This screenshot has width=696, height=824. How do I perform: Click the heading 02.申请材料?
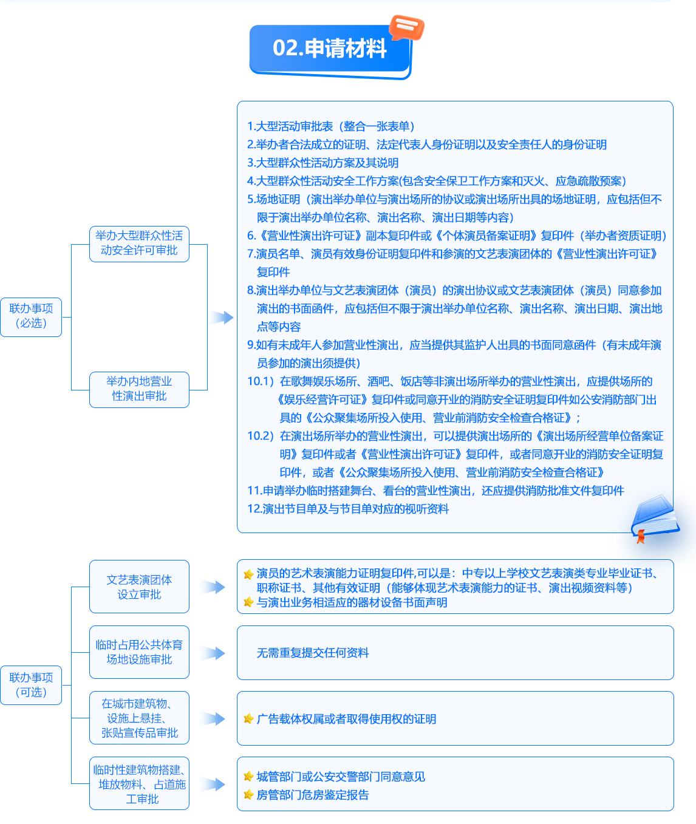[x=330, y=48]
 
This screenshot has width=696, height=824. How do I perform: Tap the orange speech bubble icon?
[x=406, y=27]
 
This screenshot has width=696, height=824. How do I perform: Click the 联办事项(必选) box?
[x=31, y=317]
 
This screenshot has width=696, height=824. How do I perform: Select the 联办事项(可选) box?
[x=31, y=685]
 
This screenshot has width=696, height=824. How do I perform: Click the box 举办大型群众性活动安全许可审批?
[x=139, y=244]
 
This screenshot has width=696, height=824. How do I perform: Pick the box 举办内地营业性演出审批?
[x=139, y=389]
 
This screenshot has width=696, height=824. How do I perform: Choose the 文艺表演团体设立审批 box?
[x=139, y=587]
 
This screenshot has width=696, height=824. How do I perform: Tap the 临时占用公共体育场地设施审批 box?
[x=139, y=652]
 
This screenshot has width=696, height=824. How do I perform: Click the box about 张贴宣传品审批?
[x=139, y=718]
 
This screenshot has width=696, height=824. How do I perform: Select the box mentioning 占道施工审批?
[x=139, y=783]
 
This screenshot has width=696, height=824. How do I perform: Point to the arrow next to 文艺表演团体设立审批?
[x=214, y=587]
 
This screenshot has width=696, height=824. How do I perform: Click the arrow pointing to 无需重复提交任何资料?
[x=214, y=653]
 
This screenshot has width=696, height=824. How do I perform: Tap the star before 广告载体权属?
[x=248, y=718]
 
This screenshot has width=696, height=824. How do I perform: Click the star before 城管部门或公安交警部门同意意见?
[x=248, y=776]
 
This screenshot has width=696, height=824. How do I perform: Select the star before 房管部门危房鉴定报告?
[x=248, y=794]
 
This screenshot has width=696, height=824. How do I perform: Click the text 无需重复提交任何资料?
[x=313, y=653]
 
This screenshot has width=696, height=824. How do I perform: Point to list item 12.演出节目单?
[x=348, y=509]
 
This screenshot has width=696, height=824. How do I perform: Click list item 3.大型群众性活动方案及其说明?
[x=322, y=163]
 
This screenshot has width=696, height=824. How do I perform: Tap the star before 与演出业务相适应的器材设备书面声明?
[x=248, y=602]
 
